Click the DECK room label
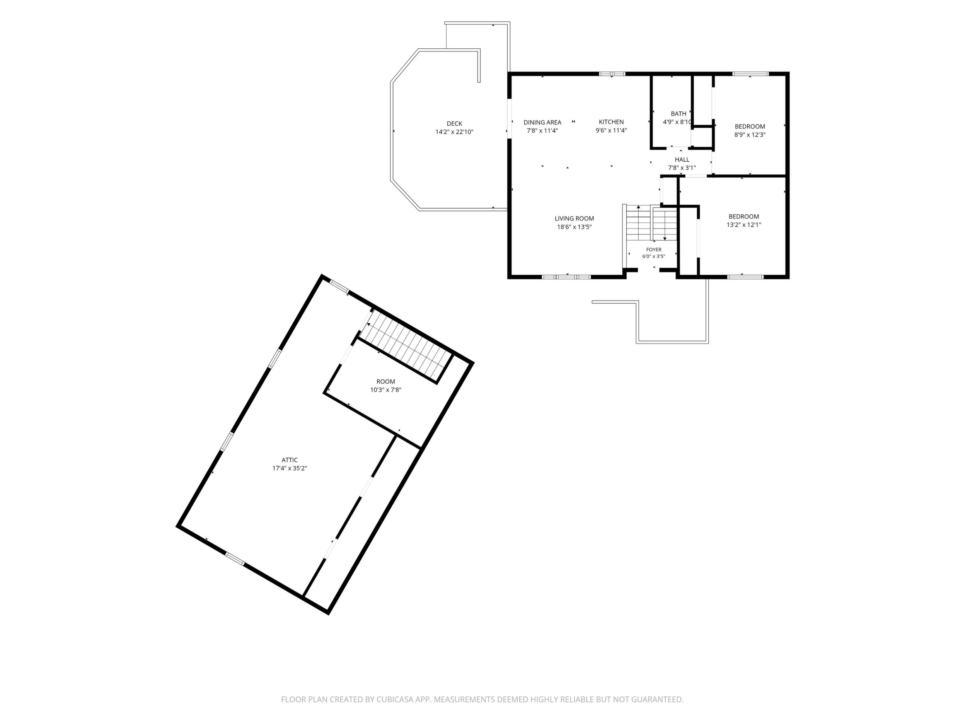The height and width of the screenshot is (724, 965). (x=454, y=123)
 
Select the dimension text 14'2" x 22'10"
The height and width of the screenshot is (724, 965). (x=454, y=132)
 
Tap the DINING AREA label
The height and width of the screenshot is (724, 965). (x=542, y=122)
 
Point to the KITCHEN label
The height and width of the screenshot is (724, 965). (x=611, y=122)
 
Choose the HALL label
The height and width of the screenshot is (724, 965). (x=682, y=160)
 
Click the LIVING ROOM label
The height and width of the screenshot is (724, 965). (x=574, y=218)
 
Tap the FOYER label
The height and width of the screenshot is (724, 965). (x=653, y=249)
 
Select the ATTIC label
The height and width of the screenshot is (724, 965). (x=290, y=460)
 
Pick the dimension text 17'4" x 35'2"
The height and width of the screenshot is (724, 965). (x=290, y=468)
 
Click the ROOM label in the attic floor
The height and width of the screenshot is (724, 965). (x=385, y=381)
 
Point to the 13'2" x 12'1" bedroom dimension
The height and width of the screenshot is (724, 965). (x=744, y=225)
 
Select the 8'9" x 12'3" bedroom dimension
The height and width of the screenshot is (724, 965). (x=750, y=135)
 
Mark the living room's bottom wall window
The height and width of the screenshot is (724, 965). (x=566, y=277)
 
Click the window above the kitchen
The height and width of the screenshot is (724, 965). (x=612, y=74)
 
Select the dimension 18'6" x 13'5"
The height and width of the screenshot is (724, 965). (x=574, y=227)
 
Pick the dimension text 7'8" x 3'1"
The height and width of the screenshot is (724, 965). (x=682, y=168)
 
